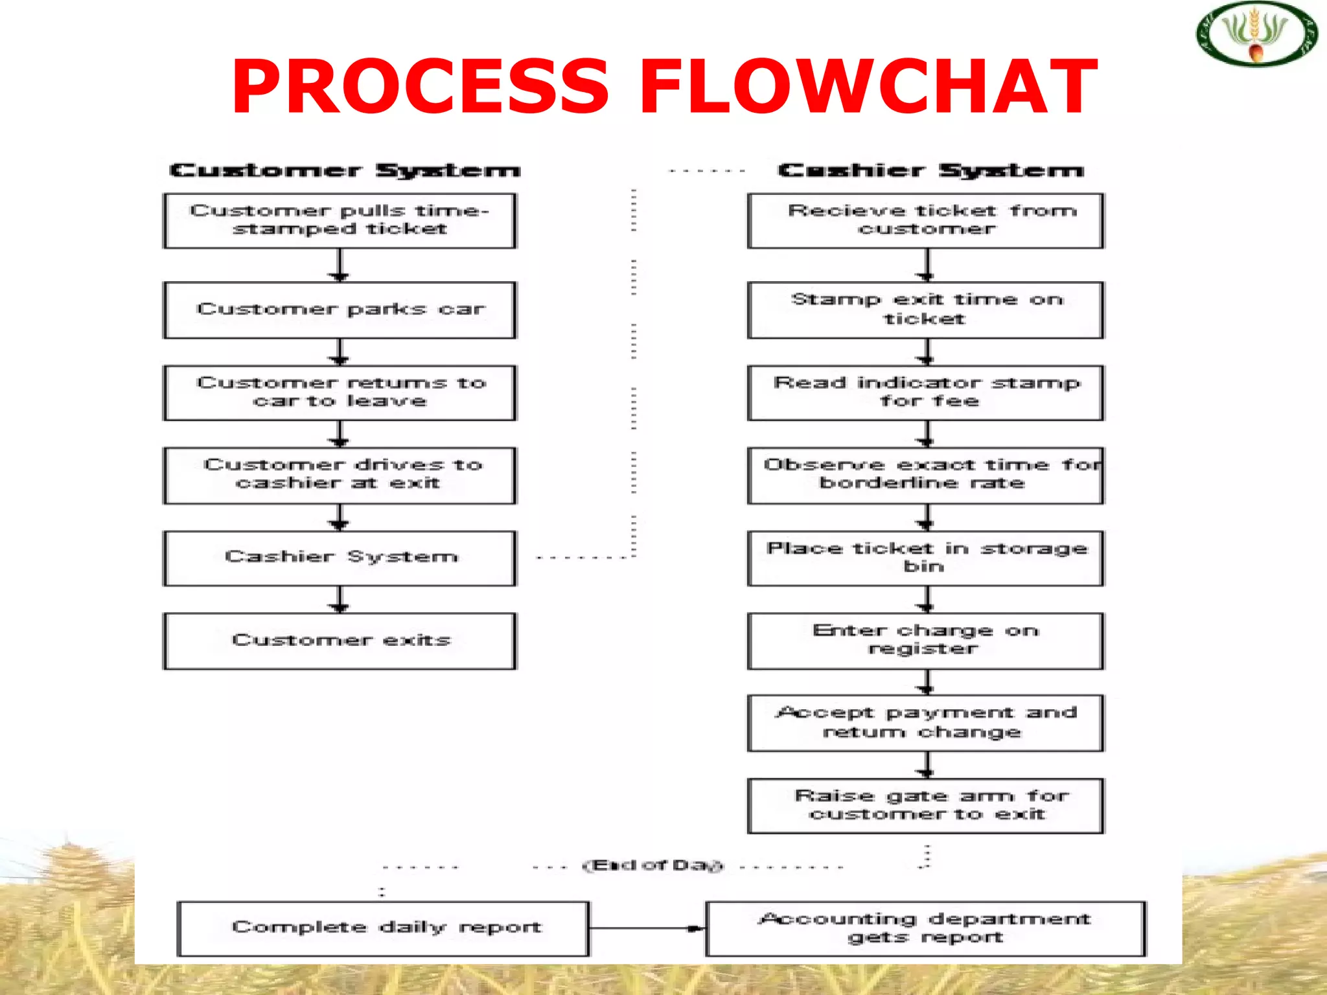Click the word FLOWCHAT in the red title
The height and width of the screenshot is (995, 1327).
pos(868,86)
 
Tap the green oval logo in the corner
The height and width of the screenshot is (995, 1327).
pos(1256,34)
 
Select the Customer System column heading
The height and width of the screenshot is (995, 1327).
pos(345,170)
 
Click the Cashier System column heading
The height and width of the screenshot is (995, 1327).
pos(930,170)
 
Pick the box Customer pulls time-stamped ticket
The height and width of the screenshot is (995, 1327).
pos(340,220)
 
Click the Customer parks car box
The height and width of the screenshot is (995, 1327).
pos(340,310)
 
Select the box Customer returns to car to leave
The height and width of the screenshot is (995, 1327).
pos(340,393)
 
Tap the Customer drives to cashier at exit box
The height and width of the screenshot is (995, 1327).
pos(340,475)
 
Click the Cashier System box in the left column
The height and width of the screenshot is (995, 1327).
pos(340,558)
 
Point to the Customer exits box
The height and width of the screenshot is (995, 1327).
pos(340,641)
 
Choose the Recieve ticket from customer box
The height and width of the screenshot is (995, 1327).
pos(925,220)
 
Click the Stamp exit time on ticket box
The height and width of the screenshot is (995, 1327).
pos(925,310)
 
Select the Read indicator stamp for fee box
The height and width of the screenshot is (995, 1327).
pos(925,393)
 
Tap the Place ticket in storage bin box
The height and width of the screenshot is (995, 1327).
pos(925,558)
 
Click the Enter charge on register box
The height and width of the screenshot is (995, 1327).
pos(925,641)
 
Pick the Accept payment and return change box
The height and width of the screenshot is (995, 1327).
pos(925,723)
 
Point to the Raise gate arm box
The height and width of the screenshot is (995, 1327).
pos(925,805)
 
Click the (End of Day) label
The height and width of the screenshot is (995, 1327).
pos(653,865)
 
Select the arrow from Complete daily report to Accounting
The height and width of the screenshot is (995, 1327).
pos(647,928)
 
